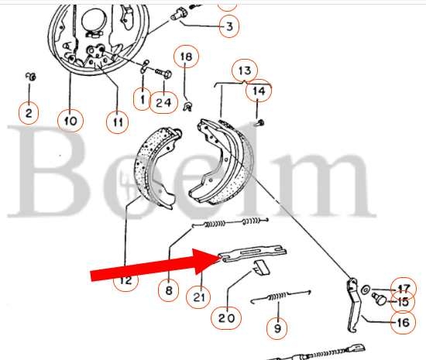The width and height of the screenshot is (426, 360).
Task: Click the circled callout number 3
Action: pyautogui.click(x=229, y=26)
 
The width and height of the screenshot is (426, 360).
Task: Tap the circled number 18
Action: pyautogui.click(x=186, y=57)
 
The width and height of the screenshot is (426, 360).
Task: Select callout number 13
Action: pyautogui.click(x=245, y=70)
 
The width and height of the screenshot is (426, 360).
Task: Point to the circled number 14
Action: pyautogui.click(x=259, y=91)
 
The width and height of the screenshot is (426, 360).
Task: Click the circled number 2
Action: pyautogui.click(x=29, y=113)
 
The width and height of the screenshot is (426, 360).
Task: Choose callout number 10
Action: pyautogui.click(x=70, y=120)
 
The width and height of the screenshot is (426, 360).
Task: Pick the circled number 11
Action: pyautogui.click(x=117, y=122)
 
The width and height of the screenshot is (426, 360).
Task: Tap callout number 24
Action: pyautogui.click(x=163, y=102)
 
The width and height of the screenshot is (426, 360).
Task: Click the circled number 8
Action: pyautogui.click(x=168, y=290)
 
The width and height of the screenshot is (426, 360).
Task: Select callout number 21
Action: pyautogui.click(x=198, y=297)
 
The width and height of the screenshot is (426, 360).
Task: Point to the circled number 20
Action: pyautogui.click(x=226, y=317)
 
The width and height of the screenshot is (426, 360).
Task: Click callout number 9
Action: pyautogui.click(x=277, y=328)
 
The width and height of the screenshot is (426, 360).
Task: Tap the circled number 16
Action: pyautogui.click(x=404, y=322)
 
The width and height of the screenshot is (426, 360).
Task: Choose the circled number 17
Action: pyautogui.click(x=404, y=289)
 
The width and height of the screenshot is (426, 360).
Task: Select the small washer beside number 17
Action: pyautogui.click(x=365, y=290)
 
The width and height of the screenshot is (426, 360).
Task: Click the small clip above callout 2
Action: pyautogui.click(x=31, y=77)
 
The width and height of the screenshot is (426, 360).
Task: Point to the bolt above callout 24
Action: pyautogui.click(x=163, y=73)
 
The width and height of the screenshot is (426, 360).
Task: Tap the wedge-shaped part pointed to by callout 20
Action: pyautogui.click(x=261, y=267)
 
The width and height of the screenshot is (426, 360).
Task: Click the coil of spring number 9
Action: pyautogui.click(x=277, y=297)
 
